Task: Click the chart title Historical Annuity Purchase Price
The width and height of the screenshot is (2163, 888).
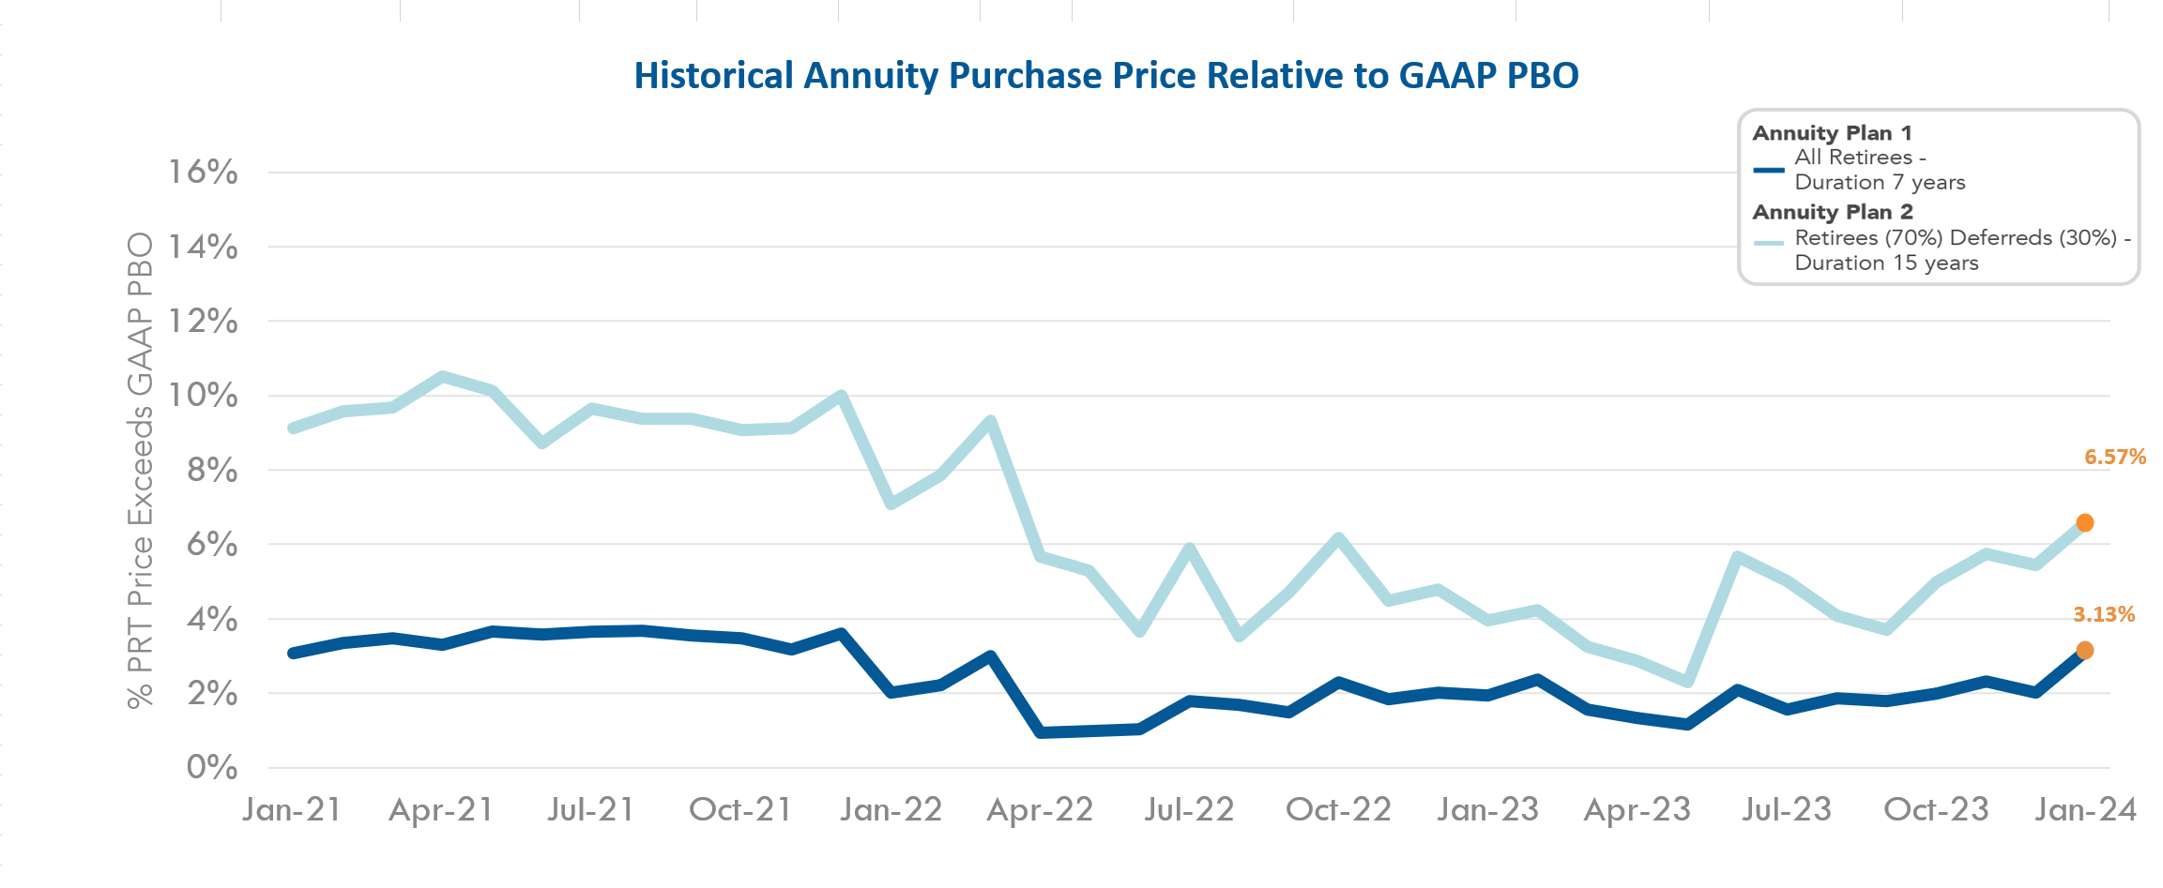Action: click(x=1105, y=76)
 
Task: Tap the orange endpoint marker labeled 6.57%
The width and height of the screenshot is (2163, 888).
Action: click(x=2084, y=523)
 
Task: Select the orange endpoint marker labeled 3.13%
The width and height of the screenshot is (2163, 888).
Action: click(x=2084, y=651)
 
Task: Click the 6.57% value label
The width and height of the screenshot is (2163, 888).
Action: click(x=2115, y=458)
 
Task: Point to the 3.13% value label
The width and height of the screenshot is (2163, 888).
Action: click(x=2104, y=615)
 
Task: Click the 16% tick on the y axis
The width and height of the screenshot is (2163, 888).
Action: click(x=203, y=173)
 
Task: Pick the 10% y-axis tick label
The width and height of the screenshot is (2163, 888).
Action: click(x=203, y=396)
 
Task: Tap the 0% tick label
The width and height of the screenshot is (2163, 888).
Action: click(x=212, y=768)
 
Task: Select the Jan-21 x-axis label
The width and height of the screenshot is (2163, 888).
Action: click(x=292, y=810)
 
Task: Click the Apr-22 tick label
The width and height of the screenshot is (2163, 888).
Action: click(x=1040, y=810)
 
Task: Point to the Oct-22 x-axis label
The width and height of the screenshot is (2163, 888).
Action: click(x=1338, y=810)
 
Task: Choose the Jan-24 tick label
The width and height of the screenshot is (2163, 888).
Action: click(x=2085, y=810)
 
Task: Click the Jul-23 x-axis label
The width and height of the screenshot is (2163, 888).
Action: click(x=1787, y=810)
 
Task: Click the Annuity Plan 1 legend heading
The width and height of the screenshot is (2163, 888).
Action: click(x=1832, y=133)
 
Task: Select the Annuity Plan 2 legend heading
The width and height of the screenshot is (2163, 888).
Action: click(x=1833, y=212)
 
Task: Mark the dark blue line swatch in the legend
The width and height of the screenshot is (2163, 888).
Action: click(x=1769, y=171)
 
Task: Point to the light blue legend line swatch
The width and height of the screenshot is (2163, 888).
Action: click(x=1769, y=243)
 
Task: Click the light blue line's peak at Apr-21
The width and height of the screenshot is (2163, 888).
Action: click(x=442, y=377)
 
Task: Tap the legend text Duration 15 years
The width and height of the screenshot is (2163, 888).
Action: click(x=1886, y=263)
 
